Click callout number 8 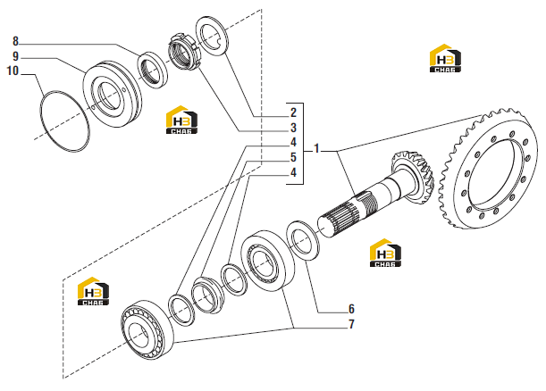coord(15,41)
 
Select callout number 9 coord(15,56)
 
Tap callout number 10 coord(13,71)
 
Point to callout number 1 coord(316,148)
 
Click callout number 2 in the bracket coord(293,112)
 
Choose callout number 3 coord(293,128)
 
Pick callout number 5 coord(293,158)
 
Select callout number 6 coord(351,309)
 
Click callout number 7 coord(351,324)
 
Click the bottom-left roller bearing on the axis coord(147,329)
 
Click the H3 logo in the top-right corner coord(445,58)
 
